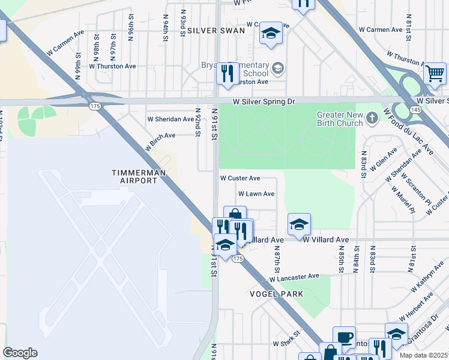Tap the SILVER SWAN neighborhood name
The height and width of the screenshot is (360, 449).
point(216,30)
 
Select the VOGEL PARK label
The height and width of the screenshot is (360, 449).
point(277,294)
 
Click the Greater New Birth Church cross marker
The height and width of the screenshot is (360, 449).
point(372,117)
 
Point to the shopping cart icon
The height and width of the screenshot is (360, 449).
point(435,74)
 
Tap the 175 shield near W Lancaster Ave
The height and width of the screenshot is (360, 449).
point(238,258)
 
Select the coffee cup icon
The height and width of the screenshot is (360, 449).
point(344,337)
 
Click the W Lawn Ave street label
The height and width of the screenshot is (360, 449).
point(256,194)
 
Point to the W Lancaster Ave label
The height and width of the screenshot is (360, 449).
point(294,277)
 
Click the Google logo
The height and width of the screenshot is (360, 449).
point(20,353)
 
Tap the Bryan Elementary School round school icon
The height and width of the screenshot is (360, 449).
point(277,68)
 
